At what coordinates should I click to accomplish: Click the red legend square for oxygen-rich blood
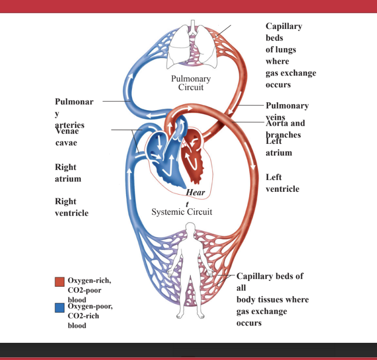pyautogui.click(x=60, y=282)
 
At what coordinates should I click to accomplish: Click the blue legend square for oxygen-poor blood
pyautogui.click(x=60, y=308)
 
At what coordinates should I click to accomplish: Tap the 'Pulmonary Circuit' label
pyautogui.click(x=191, y=83)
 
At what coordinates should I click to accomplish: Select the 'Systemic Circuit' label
pyautogui.click(x=182, y=212)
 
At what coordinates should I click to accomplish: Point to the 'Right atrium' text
pyautogui.click(x=68, y=173)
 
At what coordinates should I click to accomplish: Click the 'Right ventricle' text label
pyautogui.click(x=71, y=207)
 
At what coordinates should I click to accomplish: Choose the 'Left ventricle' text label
pyautogui.click(x=282, y=183)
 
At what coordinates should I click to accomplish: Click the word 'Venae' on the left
pyautogui.click(x=67, y=132)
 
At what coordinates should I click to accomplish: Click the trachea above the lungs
pyautogui.click(x=193, y=26)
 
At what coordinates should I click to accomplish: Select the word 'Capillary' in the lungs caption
pyautogui.click(x=284, y=26)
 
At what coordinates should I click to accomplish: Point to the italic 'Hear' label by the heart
pyautogui.click(x=195, y=193)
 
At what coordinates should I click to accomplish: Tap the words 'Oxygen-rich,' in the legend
pyautogui.click(x=89, y=280)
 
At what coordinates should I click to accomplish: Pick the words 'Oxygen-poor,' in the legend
pyautogui.click(x=90, y=306)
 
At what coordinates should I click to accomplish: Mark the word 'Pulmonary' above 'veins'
pyautogui.click(x=287, y=106)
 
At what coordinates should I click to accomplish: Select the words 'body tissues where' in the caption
pyautogui.click(x=273, y=299)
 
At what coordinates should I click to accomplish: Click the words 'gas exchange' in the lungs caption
pyautogui.click(x=291, y=73)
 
